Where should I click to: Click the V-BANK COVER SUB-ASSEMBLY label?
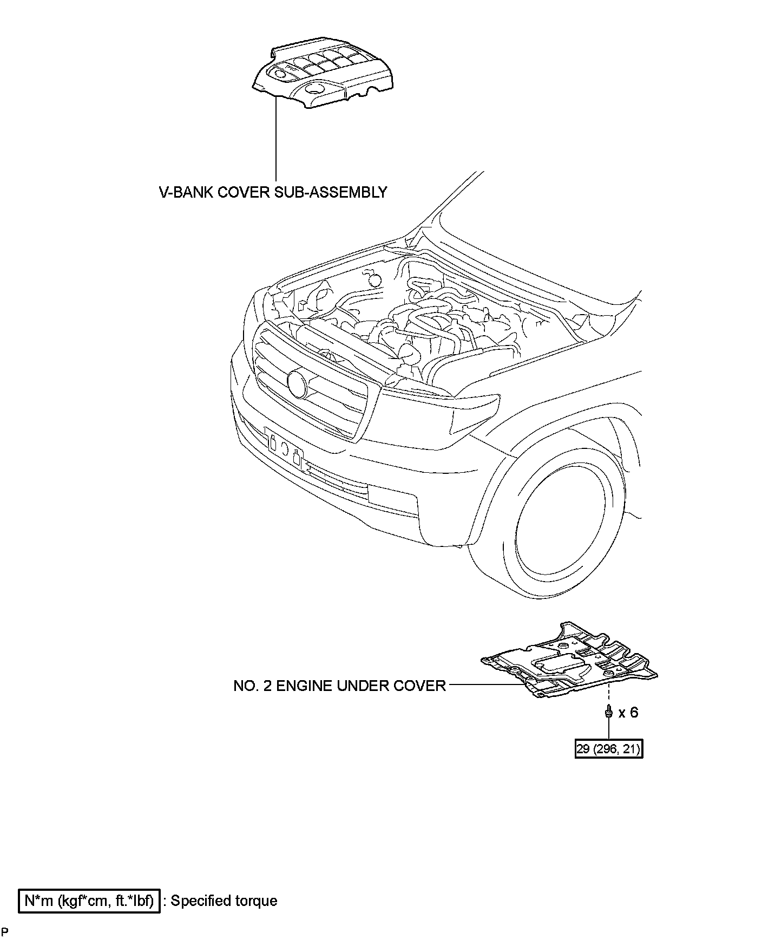click(x=273, y=192)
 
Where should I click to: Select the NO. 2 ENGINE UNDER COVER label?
click(x=339, y=686)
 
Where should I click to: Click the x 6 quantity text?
click(x=628, y=713)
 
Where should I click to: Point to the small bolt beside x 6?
click(x=609, y=712)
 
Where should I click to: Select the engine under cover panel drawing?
click(x=568, y=661)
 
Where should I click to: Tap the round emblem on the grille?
click(x=298, y=382)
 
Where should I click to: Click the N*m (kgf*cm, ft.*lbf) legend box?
click(x=89, y=901)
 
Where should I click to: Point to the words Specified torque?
click(x=224, y=901)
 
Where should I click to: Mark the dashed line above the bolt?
click(x=609, y=695)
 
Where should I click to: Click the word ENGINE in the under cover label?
click(x=304, y=686)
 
